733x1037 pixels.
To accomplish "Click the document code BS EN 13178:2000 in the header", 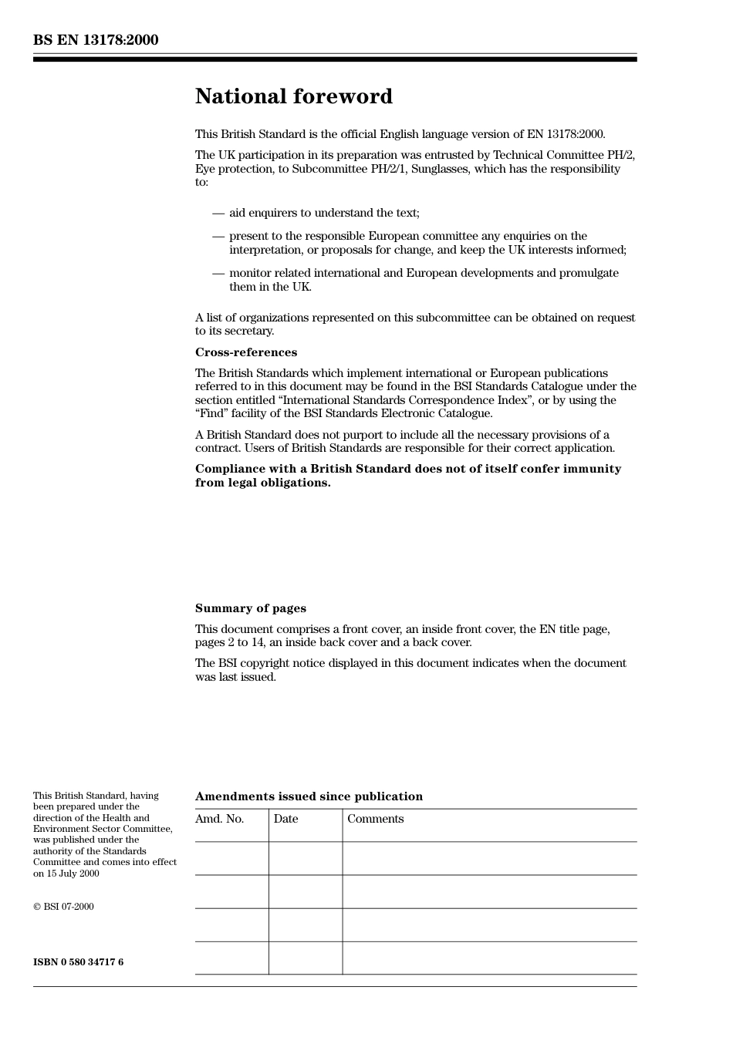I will [x=96, y=40].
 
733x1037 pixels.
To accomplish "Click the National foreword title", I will [x=293, y=96].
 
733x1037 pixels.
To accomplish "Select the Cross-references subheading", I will [x=245, y=352].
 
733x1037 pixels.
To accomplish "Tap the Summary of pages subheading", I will [x=250, y=608].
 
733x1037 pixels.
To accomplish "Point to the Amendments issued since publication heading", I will [x=309, y=796].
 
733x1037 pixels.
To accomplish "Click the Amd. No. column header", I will [x=219, y=819].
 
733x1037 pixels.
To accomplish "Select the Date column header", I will [x=285, y=819].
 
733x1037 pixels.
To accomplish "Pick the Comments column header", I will [x=375, y=819].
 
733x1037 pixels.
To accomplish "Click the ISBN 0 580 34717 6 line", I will [x=78, y=962].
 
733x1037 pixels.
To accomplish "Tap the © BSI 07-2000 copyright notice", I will [x=63, y=907].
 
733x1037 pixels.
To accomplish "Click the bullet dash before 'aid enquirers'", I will [x=218, y=213].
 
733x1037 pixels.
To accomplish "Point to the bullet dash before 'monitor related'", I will [x=218, y=273].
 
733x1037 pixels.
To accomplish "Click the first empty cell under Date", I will [x=306, y=858].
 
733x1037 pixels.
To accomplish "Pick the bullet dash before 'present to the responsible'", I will [x=218, y=236].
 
